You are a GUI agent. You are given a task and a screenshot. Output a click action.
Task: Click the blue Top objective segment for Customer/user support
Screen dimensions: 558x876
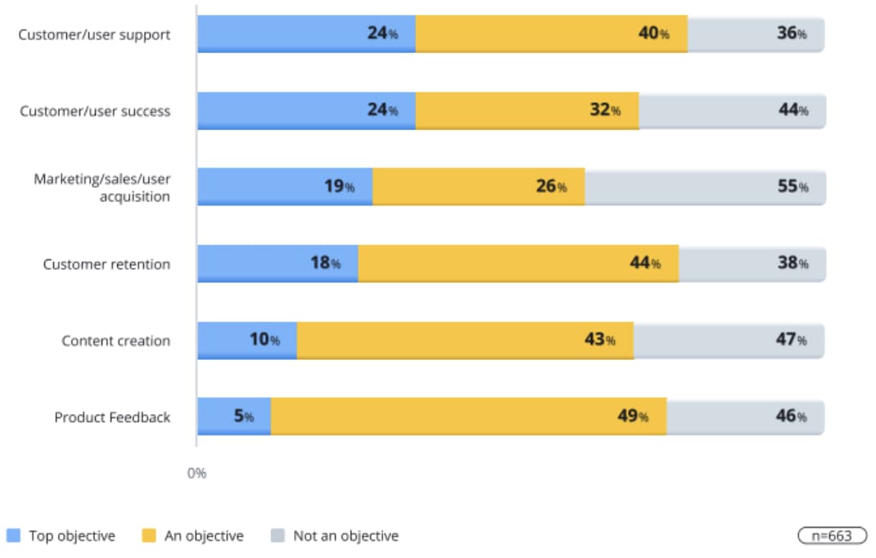click(306, 34)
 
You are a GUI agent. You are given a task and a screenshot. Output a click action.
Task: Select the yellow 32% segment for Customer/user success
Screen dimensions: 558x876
click(527, 110)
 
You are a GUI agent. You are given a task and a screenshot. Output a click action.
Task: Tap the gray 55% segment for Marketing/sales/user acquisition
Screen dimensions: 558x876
click(705, 187)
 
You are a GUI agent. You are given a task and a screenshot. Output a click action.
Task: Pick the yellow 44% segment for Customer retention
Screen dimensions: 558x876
click(518, 263)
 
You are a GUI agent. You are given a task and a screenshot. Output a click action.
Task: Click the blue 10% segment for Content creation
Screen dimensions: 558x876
click(246, 340)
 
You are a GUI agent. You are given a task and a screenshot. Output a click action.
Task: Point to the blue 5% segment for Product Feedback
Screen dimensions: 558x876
click(233, 416)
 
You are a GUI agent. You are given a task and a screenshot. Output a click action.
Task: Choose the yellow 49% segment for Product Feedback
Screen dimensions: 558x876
click(468, 416)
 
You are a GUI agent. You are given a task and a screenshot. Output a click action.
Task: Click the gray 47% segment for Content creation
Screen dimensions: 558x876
click(729, 340)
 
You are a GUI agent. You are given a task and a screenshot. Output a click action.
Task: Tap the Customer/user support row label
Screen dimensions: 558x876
click(94, 35)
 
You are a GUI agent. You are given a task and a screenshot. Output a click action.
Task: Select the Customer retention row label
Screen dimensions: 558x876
click(106, 264)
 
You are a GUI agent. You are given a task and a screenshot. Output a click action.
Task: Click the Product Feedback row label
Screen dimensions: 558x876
click(112, 417)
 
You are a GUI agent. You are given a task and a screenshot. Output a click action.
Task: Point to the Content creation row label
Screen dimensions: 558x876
click(115, 340)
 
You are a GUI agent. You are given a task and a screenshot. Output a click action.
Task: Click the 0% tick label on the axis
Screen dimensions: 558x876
click(196, 474)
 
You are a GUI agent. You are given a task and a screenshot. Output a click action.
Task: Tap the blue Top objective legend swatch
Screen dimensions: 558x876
click(13, 536)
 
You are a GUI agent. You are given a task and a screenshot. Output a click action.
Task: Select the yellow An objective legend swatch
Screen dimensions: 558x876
click(148, 536)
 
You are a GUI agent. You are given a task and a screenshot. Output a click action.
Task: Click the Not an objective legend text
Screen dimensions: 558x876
click(345, 536)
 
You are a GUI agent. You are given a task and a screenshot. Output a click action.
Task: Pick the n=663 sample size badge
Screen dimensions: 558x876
click(830, 536)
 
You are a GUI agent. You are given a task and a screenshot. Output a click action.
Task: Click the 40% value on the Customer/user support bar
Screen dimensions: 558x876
click(653, 34)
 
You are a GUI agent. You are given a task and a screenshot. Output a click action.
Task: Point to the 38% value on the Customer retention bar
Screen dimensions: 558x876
click(792, 263)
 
